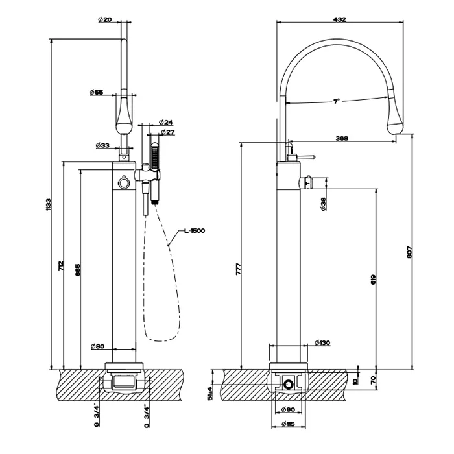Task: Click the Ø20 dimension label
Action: tap(105, 20)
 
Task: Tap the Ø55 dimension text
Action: tap(97, 93)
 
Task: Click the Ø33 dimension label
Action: tap(102, 145)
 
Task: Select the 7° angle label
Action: tap(337, 101)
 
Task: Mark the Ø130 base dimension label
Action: tap(322, 343)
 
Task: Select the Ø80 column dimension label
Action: tap(97, 346)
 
